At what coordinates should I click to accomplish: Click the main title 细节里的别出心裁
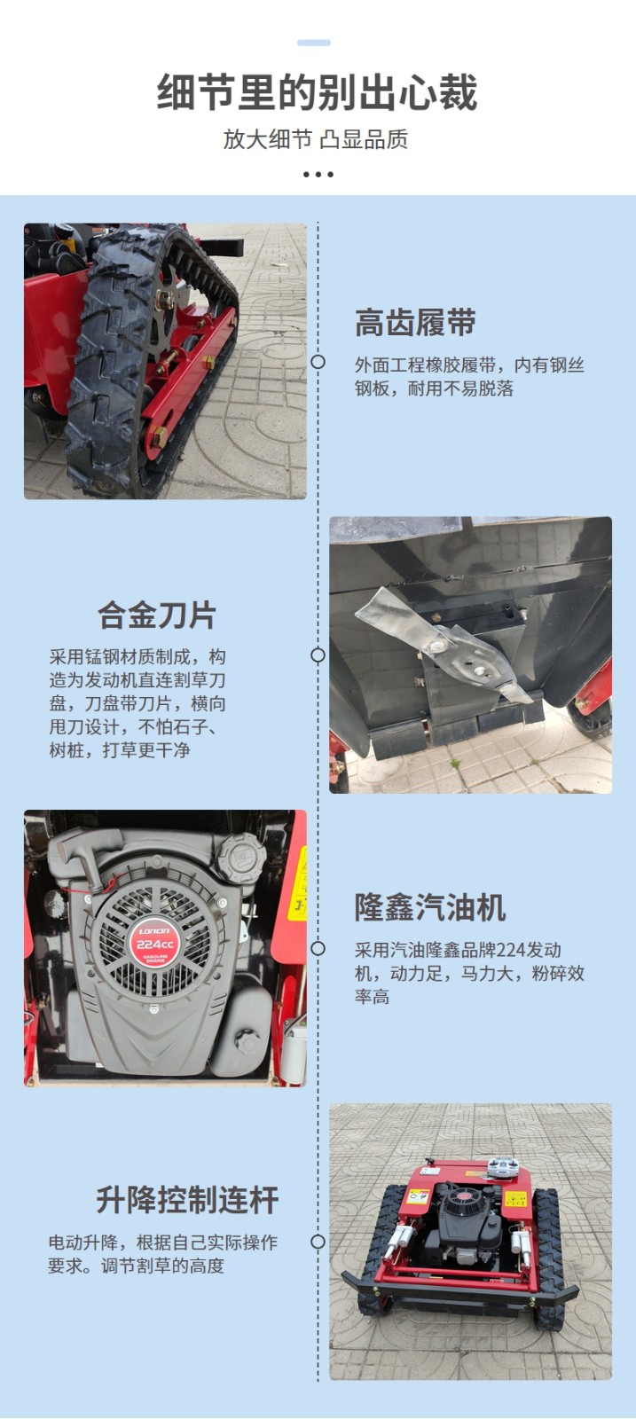pos(317,92)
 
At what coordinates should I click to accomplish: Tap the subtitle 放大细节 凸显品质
pos(316,138)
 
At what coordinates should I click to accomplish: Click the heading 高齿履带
pos(415,323)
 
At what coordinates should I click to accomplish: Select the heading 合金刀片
pos(156,615)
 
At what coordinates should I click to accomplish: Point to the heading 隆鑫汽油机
pos(430,907)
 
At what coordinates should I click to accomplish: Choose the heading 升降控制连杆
pos(187,1200)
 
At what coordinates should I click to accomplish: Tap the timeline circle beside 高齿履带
pos(318,362)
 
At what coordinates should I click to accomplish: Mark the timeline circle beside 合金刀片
pos(318,655)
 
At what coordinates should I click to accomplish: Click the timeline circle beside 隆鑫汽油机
pos(318,948)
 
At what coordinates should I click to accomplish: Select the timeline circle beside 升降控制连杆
pos(318,1242)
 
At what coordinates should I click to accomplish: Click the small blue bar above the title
pos(314,43)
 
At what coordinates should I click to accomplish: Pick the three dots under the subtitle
pos(318,174)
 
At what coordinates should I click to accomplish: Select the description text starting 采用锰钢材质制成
pos(137,703)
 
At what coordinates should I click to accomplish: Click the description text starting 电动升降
pos(163,1254)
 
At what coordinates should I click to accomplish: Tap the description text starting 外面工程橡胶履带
pos(469,376)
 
